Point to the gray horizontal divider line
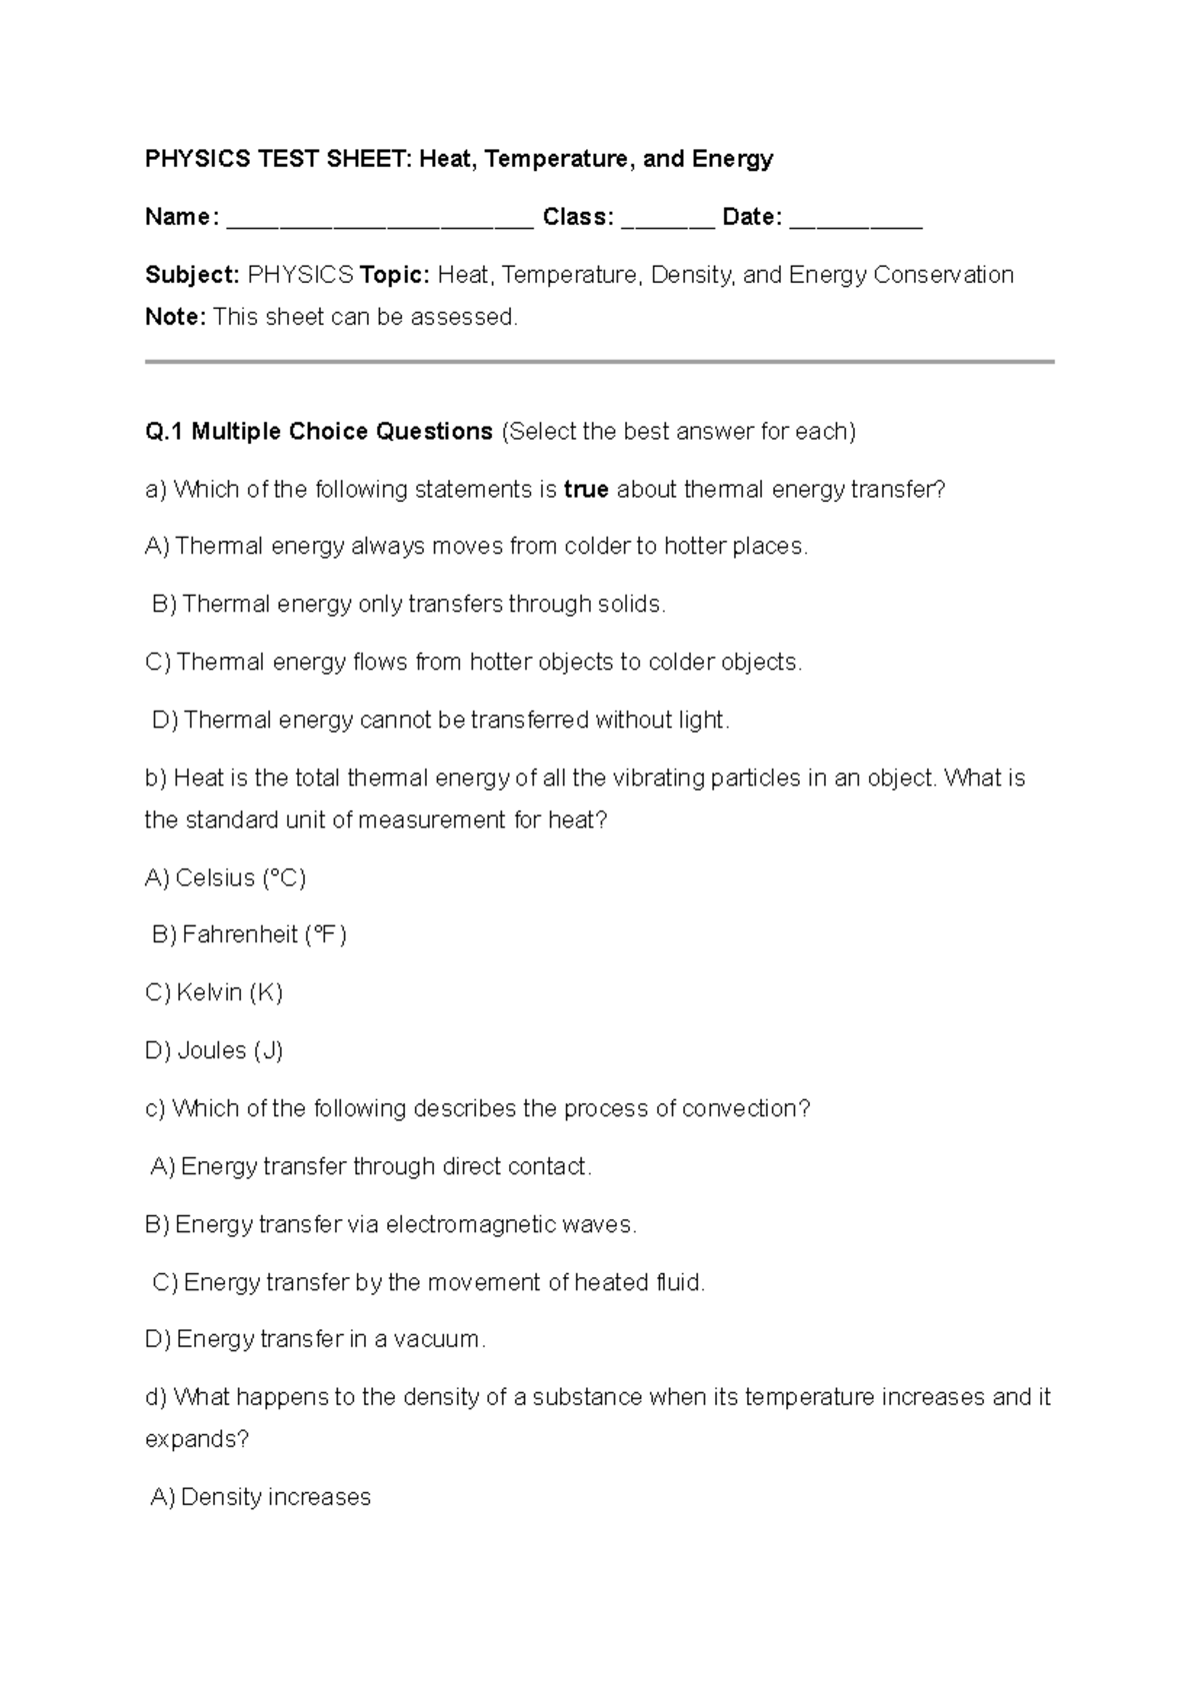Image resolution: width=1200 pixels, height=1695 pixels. (600, 362)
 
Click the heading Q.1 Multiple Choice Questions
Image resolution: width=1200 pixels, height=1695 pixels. (319, 432)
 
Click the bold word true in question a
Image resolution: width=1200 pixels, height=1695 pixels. (586, 490)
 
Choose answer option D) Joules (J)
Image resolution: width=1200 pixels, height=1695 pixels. (214, 1050)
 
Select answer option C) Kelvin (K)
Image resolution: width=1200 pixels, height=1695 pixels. (214, 992)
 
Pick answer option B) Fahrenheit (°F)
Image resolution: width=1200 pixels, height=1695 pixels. (249, 934)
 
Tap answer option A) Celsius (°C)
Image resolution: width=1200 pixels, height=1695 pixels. (225, 877)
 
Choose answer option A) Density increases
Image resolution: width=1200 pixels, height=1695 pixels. (261, 1497)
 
